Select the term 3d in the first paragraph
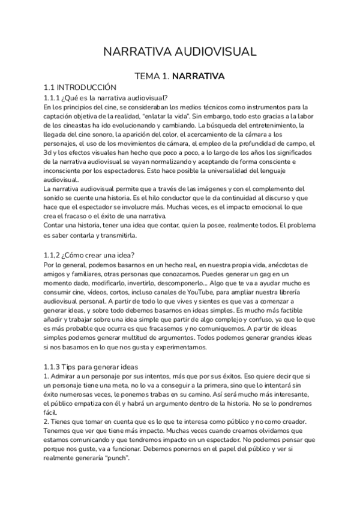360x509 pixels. point(49,154)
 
